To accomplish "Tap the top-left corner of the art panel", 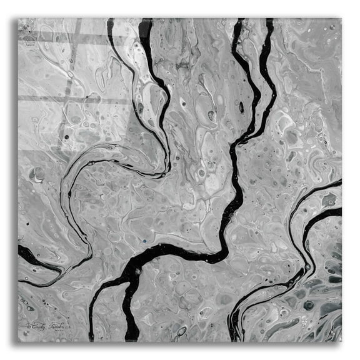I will click(18, 19).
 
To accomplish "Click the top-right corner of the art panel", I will click(342, 19).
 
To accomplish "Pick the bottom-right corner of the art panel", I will click(342, 342).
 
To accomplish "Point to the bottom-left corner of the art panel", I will click(18, 342).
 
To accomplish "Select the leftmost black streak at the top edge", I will click(111, 25).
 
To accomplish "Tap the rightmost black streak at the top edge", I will click(269, 25).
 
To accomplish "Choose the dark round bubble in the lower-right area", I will click(308, 305).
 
